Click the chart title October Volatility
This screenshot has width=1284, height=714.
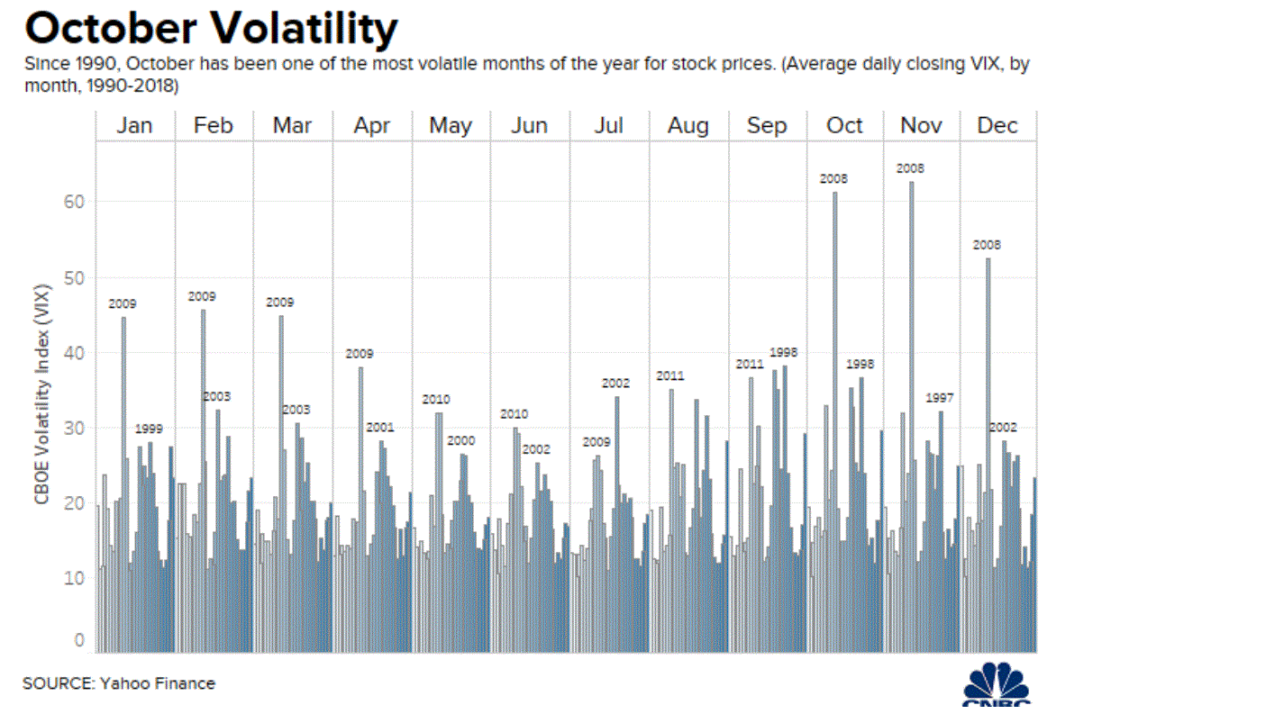(x=210, y=29)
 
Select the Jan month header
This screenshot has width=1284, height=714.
(x=134, y=126)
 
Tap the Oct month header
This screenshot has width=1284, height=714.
(x=844, y=126)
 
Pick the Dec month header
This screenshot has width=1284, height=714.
(x=997, y=126)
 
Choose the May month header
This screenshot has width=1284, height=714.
(x=451, y=126)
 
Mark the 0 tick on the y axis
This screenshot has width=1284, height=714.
(x=79, y=641)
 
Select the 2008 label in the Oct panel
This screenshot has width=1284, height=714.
(x=833, y=179)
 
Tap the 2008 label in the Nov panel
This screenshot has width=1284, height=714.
(x=910, y=168)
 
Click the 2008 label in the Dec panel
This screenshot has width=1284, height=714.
(x=987, y=245)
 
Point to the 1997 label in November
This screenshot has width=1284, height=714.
(x=939, y=398)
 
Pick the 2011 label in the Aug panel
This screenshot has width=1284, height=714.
(x=670, y=376)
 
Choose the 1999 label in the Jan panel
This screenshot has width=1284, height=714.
(x=149, y=429)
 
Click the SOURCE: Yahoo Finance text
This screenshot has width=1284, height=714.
(x=119, y=683)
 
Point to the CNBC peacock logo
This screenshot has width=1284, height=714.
(x=997, y=685)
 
